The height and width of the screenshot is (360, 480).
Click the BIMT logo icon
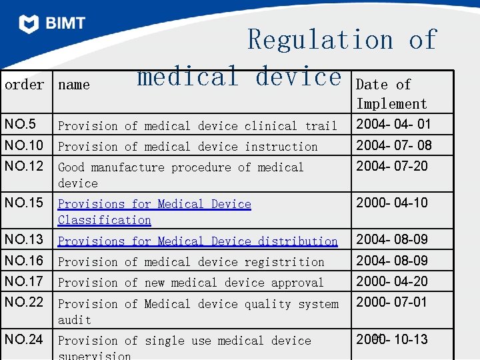(x=29, y=24)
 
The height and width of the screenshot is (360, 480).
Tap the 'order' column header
(x=24, y=85)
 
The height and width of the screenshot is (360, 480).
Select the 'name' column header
(x=73, y=85)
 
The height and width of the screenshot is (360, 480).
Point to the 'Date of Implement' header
(x=391, y=94)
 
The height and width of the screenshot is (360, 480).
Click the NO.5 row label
(x=20, y=125)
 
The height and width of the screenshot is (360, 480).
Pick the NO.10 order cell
(x=23, y=145)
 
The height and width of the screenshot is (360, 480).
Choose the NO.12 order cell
(x=23, y=166)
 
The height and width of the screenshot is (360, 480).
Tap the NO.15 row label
(x=23, y=203)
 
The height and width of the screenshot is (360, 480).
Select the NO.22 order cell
(x=23, y=302)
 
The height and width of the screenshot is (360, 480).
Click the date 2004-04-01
(x=393, y=125)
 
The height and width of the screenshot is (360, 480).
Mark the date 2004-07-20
(x=392, y=165)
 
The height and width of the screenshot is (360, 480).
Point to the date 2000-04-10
(x=392, y=203)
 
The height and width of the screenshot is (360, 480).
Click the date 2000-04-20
(x=392, y=281)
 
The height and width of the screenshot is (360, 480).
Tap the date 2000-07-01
(x=392, y=302)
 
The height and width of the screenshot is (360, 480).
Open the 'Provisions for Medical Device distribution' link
(x=197, y=241)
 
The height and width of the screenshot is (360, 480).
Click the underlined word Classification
(x=105, y=220)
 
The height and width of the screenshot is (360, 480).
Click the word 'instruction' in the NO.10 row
(x=281, y=146)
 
